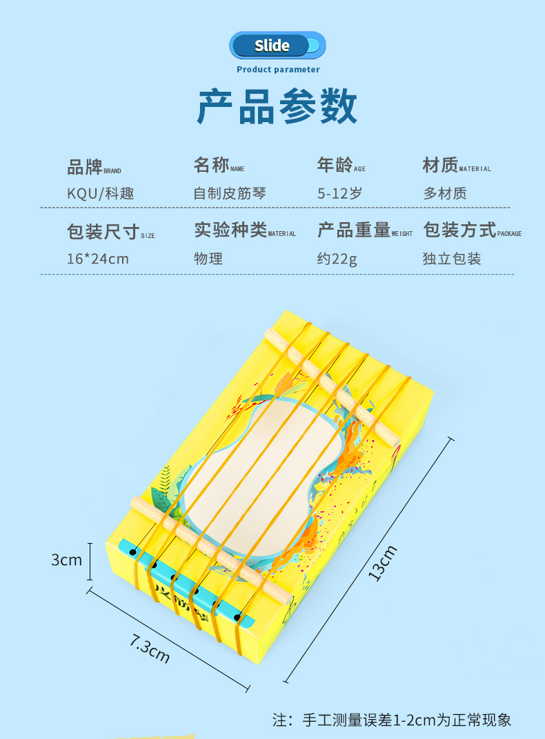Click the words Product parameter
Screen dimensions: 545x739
tap(278, 69)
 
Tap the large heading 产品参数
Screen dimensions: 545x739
tap(277, 106)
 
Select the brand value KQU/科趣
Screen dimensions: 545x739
tap(100, 193)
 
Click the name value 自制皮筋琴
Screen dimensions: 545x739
tap(230, 193)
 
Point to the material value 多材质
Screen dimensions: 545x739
tap(445, 193)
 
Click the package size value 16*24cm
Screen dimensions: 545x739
tap(98, 259)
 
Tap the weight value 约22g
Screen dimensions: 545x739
tap(337, 259)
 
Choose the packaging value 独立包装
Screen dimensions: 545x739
tap(452, 259)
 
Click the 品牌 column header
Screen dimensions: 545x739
tap(84, 166)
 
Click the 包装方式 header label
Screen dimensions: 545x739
tap(459, 230)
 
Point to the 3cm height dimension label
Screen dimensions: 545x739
tap(66, 560)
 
